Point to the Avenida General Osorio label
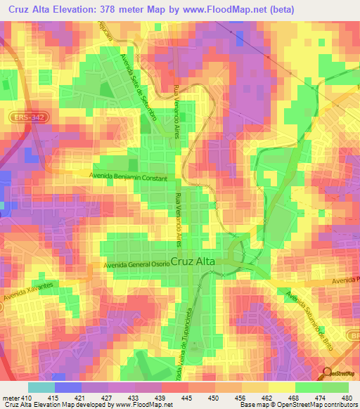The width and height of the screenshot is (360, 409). pyautogui.click(x=136, y=264)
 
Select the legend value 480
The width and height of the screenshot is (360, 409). pyautogui.click(x=342, y=397)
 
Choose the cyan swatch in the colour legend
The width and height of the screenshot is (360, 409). pyautogui.click(x=41, y=387)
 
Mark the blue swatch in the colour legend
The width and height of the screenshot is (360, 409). pyautogui.click(x=67, y=387)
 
